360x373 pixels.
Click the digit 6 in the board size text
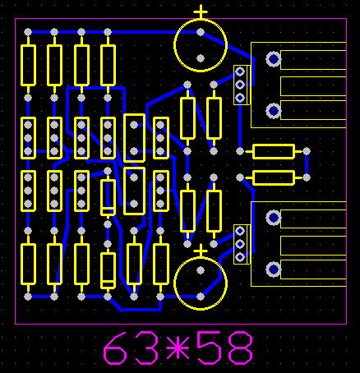pyautogui.click(x=115, y=348)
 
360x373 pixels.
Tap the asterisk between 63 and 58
pyautogui.click(x=178, y=348)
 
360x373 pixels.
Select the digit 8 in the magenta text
pyautogui.click(x=240, y=348)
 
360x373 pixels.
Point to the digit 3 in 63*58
pyautogui.click(x=146, y=348)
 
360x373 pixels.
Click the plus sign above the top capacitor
pyautogui.click(x=201, y=12)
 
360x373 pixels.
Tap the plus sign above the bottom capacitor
pyautogui.click(x=201, y=251)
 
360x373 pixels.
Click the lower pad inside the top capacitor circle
pyautogui.click(x=201, y=58)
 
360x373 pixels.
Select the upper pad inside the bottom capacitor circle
pyautogui.click(x=201, y=270)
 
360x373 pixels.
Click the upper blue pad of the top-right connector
pyautogui.click(x=274, y=58)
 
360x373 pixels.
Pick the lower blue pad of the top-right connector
pyautogui.click(x=274, y=111)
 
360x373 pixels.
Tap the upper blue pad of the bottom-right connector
pyautogui.click(x=274, y=218)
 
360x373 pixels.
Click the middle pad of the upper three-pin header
pyautogui.click(x=240, y=85)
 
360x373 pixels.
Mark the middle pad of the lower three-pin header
pyautogui.click(x=240, y=244)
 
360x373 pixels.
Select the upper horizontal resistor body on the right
pyautogui.click(x=274, y=151)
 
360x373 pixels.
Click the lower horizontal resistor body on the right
pyautogui.click(x=274, y=177)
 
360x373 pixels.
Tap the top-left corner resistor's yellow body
pyautogui.click(x=28, y=66)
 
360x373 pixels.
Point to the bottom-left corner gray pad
pyautogui.click(x=28, y=297)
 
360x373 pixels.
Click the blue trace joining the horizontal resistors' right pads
pyautogui.click(x=307, y=164)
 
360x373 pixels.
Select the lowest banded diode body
pyautogui.click(x=108, y=270)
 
